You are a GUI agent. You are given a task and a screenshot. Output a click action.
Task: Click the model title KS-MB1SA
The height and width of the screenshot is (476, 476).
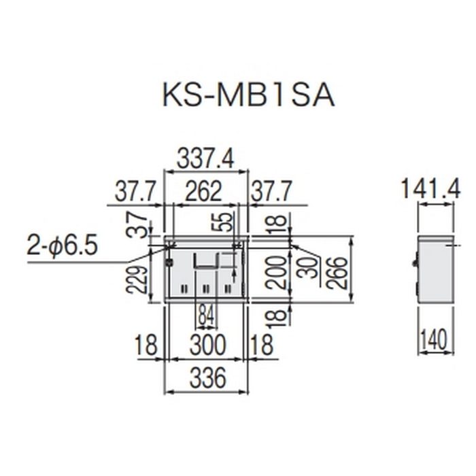pos(248,95)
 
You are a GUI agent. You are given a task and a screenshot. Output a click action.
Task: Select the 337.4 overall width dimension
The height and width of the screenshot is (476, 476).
pos(205,159)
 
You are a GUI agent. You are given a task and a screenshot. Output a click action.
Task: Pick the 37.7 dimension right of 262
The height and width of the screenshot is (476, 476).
pos(272,192)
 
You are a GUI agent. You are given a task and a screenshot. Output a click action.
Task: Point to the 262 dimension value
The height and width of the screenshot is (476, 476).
pos(204,192)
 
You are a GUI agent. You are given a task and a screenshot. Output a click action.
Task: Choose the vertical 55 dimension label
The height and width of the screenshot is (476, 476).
pos(226,222)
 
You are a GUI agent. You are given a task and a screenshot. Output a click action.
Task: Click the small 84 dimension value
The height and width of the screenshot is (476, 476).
pos(206,314)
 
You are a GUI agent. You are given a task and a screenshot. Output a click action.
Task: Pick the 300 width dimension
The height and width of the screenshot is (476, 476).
pos(207,345)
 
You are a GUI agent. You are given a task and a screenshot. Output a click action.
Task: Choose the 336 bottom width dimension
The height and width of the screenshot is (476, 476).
pos(207,378)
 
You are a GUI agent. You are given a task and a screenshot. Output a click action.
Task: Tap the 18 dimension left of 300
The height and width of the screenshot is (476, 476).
pos(147,345)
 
